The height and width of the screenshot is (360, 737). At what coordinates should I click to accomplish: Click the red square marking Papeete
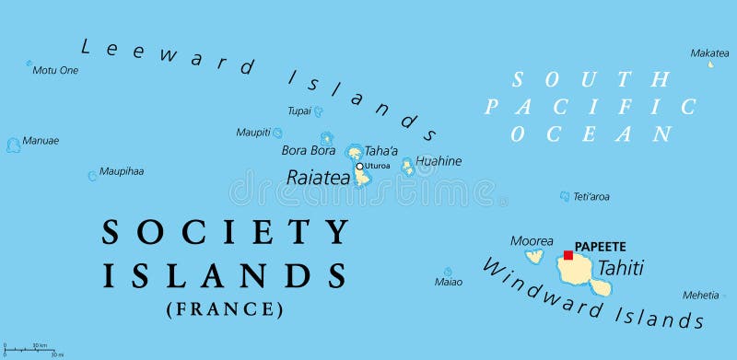tap(568, 255)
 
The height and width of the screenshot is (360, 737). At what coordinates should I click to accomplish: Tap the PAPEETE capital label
tap(600, 247)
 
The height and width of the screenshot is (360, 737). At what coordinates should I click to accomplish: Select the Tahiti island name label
tap(621, 268)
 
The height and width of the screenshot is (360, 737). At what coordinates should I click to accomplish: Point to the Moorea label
tap(532, 241)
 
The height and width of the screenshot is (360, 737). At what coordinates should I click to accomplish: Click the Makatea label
tap(709, 52)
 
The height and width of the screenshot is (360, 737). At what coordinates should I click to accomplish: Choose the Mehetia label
tap(700, 296)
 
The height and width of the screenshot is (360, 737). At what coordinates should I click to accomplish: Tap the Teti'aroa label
tap(591, 196)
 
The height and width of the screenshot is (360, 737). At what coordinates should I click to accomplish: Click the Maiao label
tap(449, 282)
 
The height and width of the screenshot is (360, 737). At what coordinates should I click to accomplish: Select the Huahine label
tap(439, 161)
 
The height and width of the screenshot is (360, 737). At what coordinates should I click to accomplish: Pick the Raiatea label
tap(318, 178)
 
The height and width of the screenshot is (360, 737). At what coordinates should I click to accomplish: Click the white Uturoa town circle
tap(359, 167)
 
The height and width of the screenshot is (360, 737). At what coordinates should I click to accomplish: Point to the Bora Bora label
tap(308, 150)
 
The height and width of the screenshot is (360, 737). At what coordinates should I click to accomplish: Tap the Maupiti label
tap(253, 133)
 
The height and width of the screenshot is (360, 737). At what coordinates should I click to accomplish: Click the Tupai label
tap(298, 110)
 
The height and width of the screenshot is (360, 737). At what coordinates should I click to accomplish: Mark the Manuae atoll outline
tap(13, 145)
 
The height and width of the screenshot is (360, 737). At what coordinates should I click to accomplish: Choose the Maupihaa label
tap(122, 171)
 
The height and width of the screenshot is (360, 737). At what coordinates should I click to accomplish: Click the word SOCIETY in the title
tap(226, 232)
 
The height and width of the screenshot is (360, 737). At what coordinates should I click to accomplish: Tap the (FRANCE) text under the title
tap(225, 309)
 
